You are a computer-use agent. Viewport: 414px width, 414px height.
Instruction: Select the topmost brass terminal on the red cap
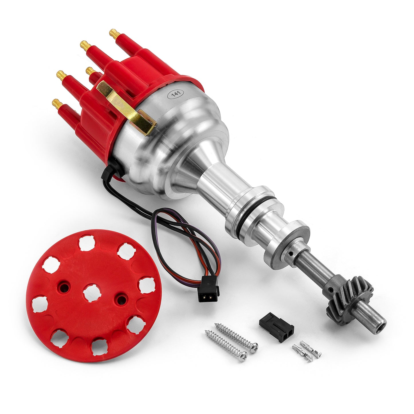tap(115, 34)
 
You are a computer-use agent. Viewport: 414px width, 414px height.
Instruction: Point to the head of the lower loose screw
tap(243, 356)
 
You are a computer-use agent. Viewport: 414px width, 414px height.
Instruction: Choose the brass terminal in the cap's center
tap(91, 70)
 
